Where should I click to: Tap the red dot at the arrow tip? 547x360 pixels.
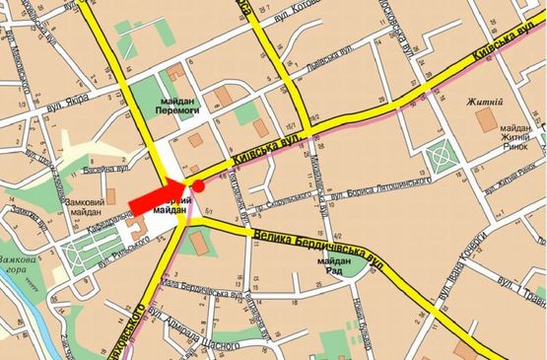tap(197, 184)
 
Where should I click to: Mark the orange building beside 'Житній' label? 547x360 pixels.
tap(487, 120)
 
